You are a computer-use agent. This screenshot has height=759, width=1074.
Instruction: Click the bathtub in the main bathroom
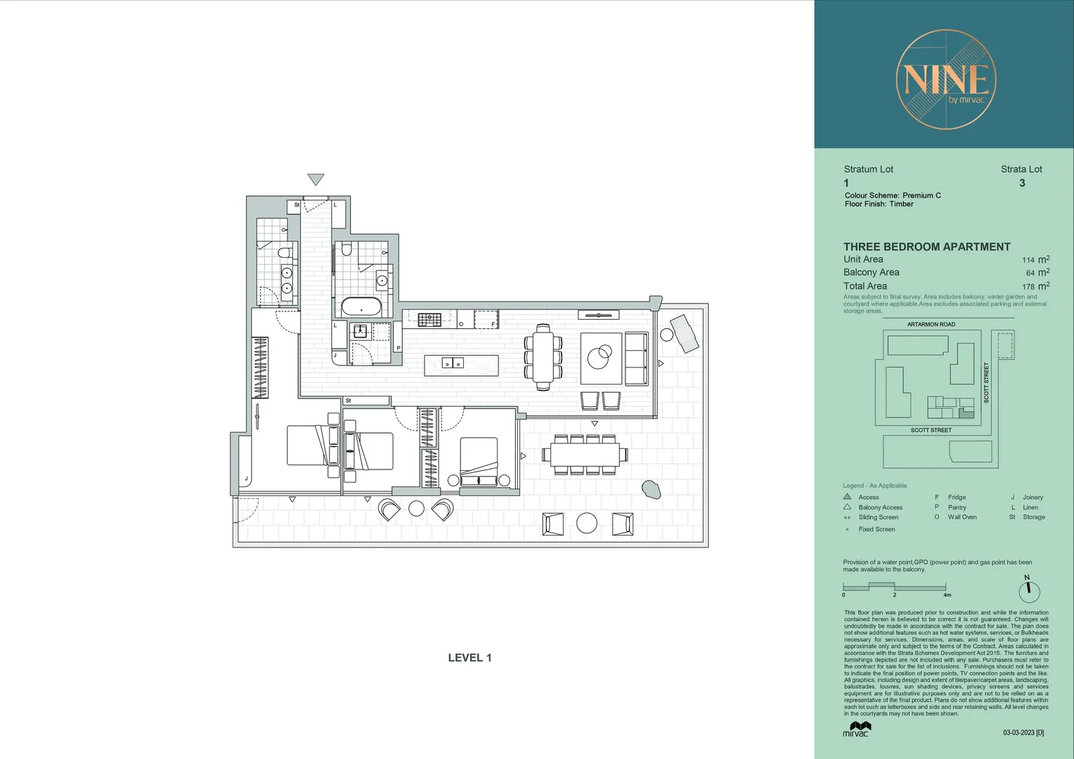point(361,307)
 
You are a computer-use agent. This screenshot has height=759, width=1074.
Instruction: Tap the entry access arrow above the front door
point(316,180)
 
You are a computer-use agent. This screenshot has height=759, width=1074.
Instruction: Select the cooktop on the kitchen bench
point(429,320)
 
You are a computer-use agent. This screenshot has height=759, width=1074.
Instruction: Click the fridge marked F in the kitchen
point(486,319)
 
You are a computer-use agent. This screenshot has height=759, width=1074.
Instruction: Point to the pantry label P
point(398,348)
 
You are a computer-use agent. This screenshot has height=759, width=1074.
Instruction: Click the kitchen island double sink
point(453,363)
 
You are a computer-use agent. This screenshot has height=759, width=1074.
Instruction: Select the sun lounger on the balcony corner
point(685,333)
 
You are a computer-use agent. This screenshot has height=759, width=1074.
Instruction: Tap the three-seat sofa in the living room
point(637,358)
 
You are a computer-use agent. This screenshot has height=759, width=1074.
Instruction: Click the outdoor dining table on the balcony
point(584,455)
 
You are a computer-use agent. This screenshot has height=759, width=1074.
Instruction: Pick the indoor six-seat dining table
point(543,356)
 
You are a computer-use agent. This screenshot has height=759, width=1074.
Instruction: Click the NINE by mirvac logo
point(946,79)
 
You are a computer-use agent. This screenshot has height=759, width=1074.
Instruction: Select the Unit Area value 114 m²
point(1035,259)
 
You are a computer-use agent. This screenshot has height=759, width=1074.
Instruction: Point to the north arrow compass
point(1029,590)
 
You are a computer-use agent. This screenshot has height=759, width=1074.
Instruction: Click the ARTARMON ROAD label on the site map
point(931,325)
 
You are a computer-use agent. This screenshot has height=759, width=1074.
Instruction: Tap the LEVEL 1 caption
point(470,658)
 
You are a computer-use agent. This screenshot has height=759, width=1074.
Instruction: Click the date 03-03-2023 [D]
point(1023,732)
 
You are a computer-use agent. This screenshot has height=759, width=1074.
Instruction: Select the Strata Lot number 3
point(1022,183)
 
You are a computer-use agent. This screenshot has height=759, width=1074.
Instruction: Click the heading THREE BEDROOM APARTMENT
point(926,247)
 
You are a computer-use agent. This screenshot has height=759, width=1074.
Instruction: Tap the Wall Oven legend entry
point(962,517)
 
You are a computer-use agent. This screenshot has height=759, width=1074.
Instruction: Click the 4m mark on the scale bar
point(947,595)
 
